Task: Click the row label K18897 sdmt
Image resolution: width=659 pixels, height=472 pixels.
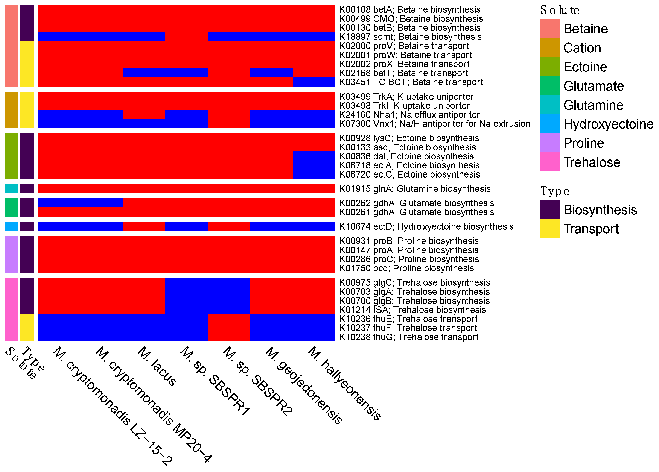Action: pos(410,37)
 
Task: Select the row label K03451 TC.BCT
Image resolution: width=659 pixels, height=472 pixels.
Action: pos(411,82)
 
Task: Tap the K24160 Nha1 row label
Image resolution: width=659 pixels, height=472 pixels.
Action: pos(409,115)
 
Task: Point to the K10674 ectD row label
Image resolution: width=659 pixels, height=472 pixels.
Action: pos(426,227)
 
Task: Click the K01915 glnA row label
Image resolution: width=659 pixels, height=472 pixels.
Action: pos(415,189)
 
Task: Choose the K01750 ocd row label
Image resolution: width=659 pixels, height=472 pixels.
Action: pos(406,268)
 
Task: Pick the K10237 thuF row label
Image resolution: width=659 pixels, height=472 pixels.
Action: pos(408,328)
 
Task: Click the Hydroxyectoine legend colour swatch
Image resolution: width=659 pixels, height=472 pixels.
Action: pos(549,124)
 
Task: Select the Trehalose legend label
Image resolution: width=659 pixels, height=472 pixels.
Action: pos(592,162)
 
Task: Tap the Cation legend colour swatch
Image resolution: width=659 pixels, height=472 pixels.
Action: pos(549,48)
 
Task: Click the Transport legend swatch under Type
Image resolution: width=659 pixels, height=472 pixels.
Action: pos(549,229)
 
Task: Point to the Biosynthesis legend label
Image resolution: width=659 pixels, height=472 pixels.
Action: pos(600,210)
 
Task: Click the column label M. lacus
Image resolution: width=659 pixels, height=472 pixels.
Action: pos(157,366)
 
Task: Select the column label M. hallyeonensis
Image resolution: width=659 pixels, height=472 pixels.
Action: pos(345,383)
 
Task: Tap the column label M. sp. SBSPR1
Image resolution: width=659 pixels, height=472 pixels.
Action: pos(215,381)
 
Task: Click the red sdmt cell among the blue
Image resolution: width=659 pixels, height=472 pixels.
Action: pos(186,37)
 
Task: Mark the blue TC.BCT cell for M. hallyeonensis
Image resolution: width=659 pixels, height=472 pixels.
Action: pos(314,82)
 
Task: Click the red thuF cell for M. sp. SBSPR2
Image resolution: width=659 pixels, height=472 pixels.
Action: pos(229,328)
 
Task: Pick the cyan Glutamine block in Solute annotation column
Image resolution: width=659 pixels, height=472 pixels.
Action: pos(11,188)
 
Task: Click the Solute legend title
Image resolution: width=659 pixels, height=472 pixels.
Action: pos(560,10)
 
